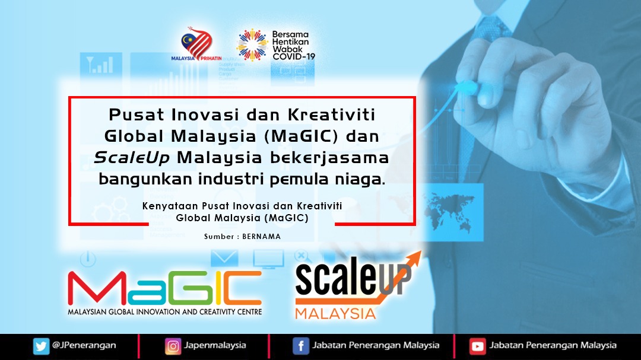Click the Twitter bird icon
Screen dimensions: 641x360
42,346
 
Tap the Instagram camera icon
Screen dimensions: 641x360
173,346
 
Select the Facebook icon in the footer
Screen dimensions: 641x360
300,346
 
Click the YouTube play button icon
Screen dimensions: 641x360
477,346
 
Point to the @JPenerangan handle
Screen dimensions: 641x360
84,345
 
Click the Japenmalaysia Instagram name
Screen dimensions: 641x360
215,345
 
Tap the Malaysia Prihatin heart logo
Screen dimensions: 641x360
196,44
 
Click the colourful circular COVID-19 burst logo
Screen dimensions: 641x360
252,44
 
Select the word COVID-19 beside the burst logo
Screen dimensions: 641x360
294,56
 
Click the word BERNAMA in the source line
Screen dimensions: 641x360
262,236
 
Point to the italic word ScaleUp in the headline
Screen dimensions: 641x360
132,158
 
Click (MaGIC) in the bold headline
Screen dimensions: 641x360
302,136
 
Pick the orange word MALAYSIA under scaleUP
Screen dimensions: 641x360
335,313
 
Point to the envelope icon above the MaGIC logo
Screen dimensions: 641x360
224,258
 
